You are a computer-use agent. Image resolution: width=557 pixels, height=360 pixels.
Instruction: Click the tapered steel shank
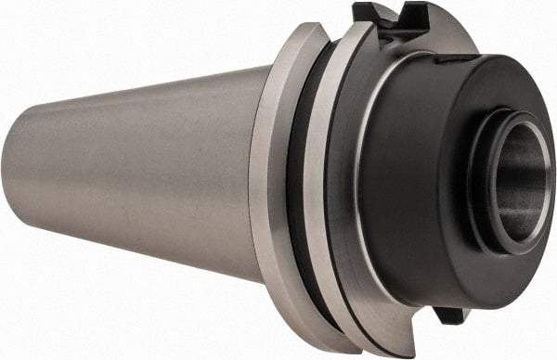139,176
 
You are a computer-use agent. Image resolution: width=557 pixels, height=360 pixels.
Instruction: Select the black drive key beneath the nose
449,313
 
